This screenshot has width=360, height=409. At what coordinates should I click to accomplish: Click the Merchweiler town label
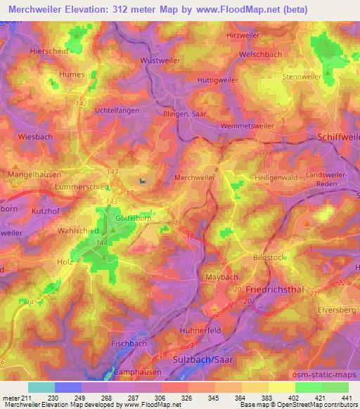click(193, 178)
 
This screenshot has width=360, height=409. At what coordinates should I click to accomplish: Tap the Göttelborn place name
click(133, 219)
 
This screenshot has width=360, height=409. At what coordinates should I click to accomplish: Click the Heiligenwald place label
click(281, 178)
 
